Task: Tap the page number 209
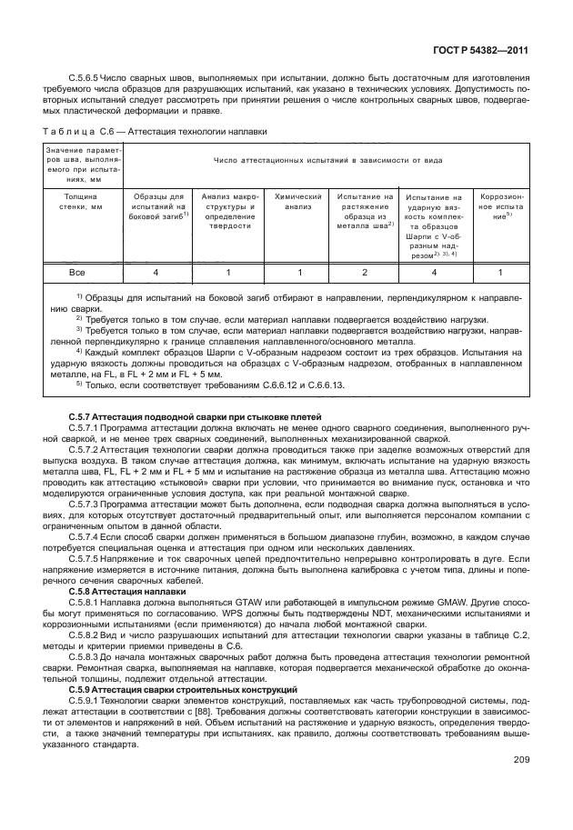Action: pyautogui.click(x=521, y=759)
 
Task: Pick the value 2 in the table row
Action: pyautogui.click(x=365, y=272)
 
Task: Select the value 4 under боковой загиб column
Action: pyautogui.click(x=156, y=272)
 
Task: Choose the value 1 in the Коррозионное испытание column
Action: pyautogui.click(x=500, y=272)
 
